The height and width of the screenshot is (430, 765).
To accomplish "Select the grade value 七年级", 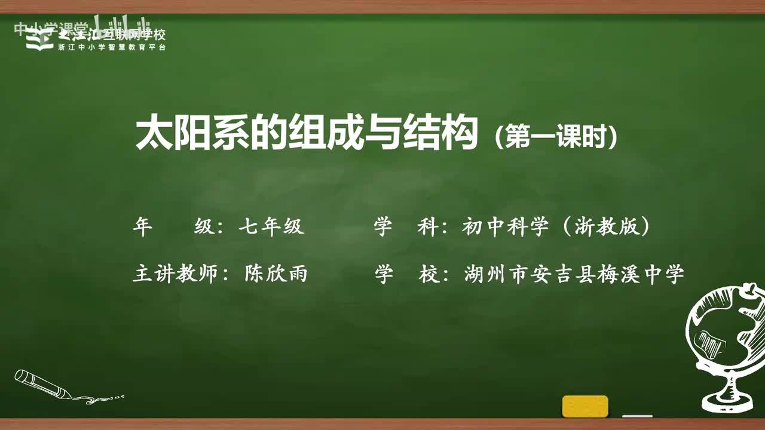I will pos(271,227).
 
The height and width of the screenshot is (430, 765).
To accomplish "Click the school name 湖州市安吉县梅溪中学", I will pos(574,275).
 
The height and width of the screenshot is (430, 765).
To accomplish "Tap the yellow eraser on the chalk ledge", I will pos(585,406).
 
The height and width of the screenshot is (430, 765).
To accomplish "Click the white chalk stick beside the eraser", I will pos(637,416).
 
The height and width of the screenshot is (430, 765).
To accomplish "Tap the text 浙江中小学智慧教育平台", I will pos(112,47).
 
